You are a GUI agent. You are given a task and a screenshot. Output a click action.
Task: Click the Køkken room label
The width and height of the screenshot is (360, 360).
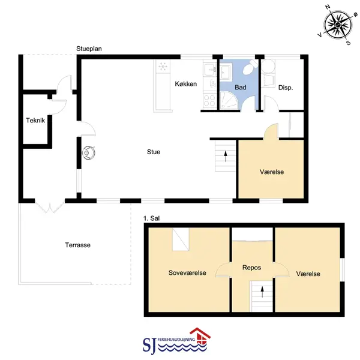tap(186, 84)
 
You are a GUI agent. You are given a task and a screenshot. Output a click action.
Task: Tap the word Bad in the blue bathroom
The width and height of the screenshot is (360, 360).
tap(241, 87)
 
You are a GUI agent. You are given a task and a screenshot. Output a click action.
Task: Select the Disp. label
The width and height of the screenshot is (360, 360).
tap(286, 88)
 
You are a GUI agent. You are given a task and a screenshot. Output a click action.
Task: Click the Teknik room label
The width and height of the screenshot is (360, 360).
tap(35, 121)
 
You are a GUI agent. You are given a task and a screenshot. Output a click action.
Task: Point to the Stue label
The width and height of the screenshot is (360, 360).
tap(154, 152)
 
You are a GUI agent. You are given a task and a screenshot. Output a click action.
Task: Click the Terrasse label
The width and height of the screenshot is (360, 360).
tap(77, 245)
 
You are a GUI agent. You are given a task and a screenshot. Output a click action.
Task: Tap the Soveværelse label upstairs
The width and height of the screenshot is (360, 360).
tap(187, 273)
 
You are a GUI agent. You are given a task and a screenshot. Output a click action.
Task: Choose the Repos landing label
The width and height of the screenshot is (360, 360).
tap(251, 268)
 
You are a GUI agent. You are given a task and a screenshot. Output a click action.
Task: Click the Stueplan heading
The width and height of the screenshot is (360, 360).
tap(89, 49)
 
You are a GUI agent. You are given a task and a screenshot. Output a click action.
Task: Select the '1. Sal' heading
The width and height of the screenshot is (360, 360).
tap(151, 218)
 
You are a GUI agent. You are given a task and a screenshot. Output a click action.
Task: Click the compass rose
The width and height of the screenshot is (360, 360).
tap(338, 25)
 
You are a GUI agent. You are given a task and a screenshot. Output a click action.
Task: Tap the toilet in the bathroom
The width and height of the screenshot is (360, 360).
tap(250, 67)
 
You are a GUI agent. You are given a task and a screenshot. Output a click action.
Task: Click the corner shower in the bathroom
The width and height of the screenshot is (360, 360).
tap(229, 100)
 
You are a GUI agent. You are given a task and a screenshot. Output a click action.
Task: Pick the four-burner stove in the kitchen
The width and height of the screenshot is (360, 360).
tap(209, 101)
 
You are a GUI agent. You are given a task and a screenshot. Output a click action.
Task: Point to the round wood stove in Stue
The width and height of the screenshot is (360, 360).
tap(89, 152)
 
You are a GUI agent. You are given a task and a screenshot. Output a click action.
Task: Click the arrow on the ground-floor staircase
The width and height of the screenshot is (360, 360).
tap(226, 156)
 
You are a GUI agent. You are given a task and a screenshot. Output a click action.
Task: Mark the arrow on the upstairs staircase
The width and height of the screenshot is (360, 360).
tap(262, 292)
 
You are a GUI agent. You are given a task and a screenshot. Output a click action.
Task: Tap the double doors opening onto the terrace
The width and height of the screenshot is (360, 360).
tap(49, 206)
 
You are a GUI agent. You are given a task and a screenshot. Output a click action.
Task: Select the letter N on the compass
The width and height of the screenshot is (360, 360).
tap(328, 7)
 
